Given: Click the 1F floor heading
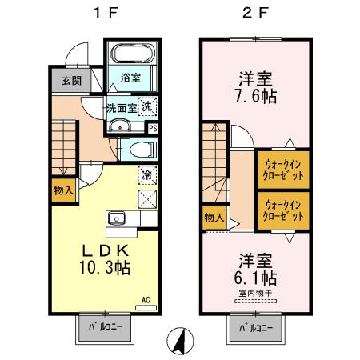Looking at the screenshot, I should point(100,14).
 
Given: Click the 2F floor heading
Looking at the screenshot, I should point(250,14).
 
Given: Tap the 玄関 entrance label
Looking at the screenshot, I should point(70,81).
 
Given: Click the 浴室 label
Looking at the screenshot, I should point(130,78).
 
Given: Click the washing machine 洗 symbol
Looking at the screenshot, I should point(147,106).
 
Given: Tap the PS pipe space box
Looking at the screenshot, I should point(153,127).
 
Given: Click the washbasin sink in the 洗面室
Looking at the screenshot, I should point(119,126).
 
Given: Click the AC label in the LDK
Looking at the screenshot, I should point(146,300).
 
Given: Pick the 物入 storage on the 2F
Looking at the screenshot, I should point(213,217).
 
